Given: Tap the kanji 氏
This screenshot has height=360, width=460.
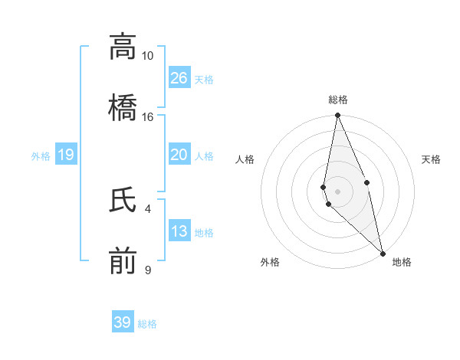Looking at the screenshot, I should point(123,201).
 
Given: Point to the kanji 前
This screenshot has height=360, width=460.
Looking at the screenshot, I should point(123,260).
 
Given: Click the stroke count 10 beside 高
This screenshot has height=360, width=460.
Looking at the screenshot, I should point(147,56).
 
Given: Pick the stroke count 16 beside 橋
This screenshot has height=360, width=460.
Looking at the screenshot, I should point(147,116).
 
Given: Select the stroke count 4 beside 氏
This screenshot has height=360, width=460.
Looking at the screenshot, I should point(147,208).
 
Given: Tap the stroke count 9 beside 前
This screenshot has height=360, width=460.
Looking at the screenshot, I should point(148,269).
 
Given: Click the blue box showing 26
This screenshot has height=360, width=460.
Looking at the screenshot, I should point(179,77).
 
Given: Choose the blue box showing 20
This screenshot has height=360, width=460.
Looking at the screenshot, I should point(179,155).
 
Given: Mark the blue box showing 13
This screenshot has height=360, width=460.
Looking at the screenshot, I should point(179,231).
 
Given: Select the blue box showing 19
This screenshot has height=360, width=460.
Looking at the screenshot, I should point(66,155).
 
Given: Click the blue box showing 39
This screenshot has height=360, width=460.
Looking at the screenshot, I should point(123,322).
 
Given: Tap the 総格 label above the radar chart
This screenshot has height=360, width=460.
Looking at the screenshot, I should point(338,100).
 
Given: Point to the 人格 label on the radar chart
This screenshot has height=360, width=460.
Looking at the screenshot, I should point(245,159).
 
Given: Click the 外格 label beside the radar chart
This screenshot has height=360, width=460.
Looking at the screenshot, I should point(270,263).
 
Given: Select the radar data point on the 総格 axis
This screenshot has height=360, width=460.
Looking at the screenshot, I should point(337,116).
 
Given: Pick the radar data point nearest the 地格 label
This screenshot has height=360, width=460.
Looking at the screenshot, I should point(383,253).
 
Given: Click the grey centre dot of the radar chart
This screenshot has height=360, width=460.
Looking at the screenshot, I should point(337,191).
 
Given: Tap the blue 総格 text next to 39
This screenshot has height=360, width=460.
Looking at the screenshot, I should point(148,324).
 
